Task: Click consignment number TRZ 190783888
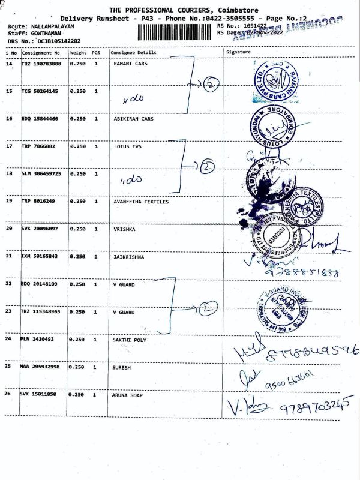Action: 40,63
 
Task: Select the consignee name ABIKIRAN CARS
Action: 134,119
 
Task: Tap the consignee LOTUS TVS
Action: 126,146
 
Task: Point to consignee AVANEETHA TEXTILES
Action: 141,202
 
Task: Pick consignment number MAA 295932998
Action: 40,367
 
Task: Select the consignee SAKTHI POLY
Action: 130,340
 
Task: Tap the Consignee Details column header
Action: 133,52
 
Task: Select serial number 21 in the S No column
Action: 9,256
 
